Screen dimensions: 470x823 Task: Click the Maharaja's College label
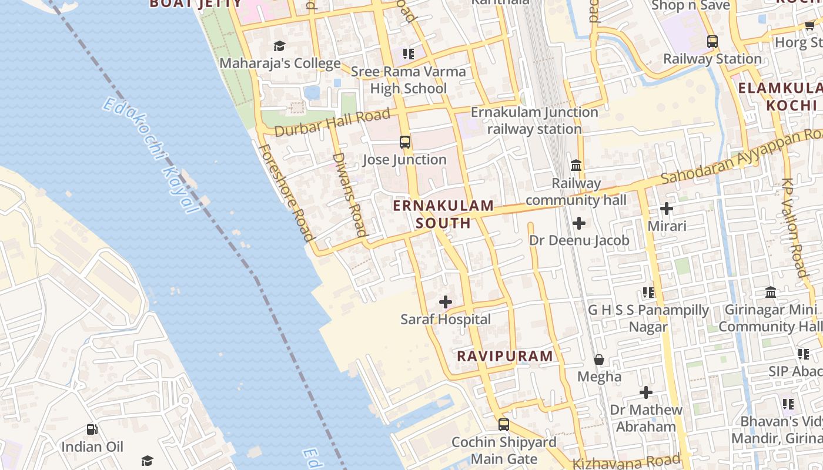click(x=280, y=63)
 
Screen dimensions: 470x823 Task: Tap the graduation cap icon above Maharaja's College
click(x=279, y=46)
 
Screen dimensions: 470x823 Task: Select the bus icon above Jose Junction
click(x=405, y=142)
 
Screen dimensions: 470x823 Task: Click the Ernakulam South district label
click(x=443, y=214)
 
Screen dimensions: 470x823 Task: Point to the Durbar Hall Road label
click(x=332, y=123)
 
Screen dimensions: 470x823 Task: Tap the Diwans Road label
click(x=349, y=194)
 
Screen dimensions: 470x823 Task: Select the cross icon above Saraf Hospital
click(x=446, y=302)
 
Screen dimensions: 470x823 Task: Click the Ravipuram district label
click(x=505, y=356)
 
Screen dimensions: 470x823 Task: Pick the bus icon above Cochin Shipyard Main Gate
click(x=504, y=424)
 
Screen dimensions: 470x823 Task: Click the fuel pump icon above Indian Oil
click(x=92, y=429)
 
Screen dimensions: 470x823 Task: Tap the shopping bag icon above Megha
click(x=599, y=359)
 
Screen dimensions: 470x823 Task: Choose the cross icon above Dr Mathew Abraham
click(x=646, y=392)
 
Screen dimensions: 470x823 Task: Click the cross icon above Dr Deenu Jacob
click(x=579, y=223)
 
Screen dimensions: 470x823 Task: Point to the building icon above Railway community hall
click(x=576, y=166)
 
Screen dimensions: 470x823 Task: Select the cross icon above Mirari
click(x=667, y=209)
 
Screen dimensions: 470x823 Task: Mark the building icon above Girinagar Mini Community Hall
click(x=771, y=292)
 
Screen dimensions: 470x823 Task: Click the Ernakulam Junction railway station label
click(x=534, y=120)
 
